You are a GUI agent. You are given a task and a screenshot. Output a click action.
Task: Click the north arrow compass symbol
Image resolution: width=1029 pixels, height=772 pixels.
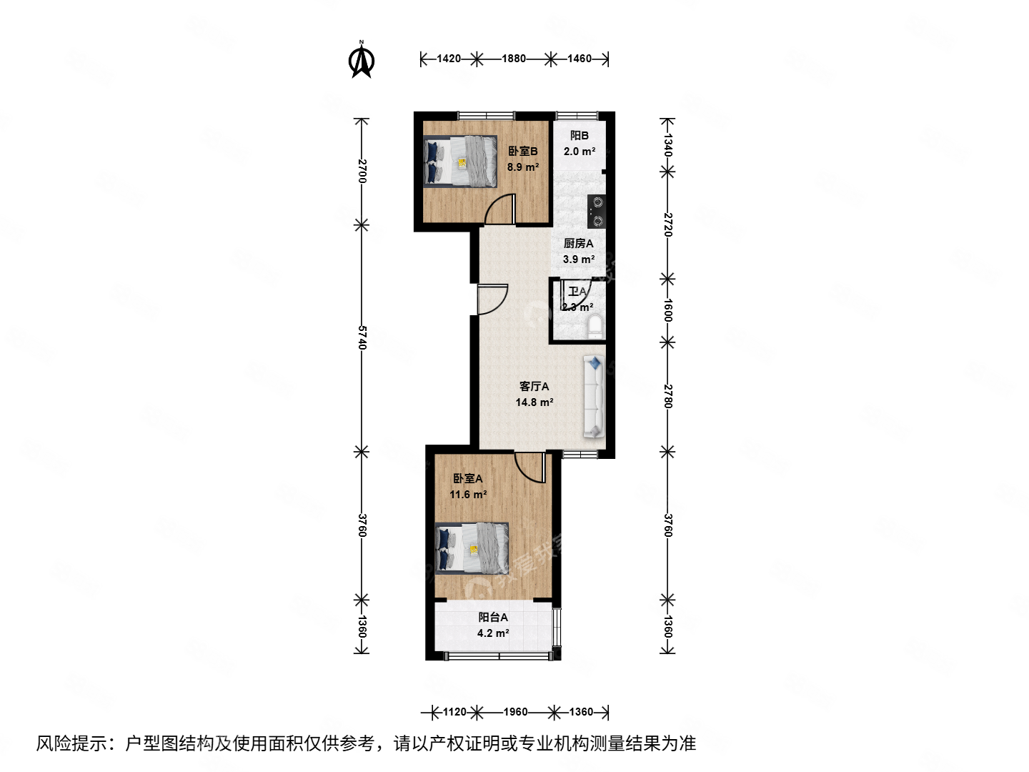[x=362, y=60]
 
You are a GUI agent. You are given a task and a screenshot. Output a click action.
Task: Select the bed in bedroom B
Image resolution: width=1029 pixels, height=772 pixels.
[x=461, y=162]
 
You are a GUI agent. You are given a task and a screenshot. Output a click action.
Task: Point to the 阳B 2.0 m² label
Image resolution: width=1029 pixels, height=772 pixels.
[x=579, y=143]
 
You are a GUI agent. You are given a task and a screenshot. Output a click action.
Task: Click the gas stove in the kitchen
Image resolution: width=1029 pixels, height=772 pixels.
[x=597, y=212]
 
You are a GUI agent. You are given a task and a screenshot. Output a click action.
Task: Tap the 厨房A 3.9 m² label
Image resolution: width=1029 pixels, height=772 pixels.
[x=578, y=251]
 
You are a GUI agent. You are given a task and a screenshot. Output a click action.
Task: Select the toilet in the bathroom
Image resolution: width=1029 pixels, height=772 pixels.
[x=595, y=327]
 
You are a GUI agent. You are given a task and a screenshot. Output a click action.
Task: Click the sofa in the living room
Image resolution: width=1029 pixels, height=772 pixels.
[x=594, y=397]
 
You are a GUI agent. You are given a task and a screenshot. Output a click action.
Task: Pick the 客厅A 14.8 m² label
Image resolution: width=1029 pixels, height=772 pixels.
[x=534, y=394]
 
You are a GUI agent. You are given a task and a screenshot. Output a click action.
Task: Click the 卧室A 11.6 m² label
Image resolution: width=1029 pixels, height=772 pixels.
[x=468, y=486]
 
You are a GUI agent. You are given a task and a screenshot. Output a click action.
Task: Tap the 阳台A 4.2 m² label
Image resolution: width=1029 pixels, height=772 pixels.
[x=493, y=625]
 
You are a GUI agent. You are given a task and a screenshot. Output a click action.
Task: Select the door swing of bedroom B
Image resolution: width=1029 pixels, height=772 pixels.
[x=500, y=210]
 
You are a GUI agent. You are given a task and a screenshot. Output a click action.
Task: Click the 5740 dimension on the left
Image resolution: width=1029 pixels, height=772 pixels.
[x=362, y=337]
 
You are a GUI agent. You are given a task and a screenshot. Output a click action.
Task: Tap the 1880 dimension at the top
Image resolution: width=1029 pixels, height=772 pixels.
[x=514, y=59]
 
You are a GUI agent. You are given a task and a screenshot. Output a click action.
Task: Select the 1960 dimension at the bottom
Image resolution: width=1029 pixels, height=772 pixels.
[x=515, y=712]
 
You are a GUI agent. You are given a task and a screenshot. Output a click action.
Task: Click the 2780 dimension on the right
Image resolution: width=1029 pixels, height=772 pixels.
[x=667, y=396]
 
